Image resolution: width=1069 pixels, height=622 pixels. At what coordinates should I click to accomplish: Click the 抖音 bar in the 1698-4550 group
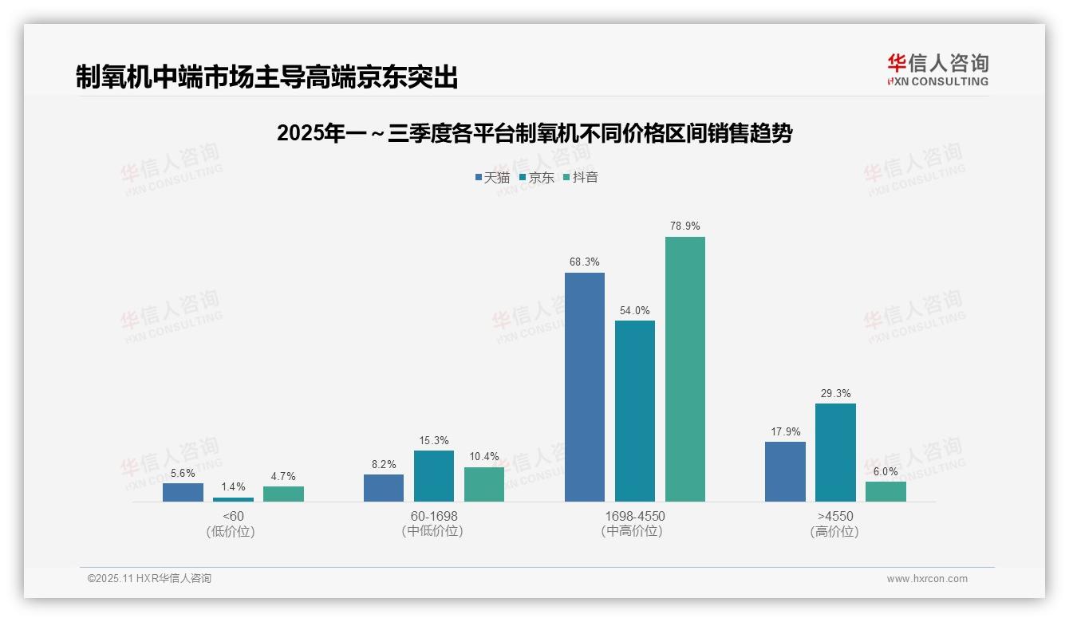point(685,369)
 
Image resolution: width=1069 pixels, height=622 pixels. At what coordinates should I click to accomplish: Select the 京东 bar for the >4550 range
point(835,452)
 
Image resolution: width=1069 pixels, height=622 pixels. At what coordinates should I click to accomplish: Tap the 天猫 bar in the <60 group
point(183,492)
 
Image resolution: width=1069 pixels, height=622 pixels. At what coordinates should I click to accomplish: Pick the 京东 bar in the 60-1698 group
point(434,476)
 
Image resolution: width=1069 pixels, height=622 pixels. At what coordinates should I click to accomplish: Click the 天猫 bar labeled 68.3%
point(585,387)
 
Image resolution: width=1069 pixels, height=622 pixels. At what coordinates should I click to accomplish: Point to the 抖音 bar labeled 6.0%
point(886,491)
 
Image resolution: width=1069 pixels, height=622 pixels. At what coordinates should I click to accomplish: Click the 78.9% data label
point(685,226)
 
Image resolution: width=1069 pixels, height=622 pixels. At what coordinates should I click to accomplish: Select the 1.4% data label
point(233,486)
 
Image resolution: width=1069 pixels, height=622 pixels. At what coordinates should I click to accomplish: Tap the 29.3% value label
point(835,393)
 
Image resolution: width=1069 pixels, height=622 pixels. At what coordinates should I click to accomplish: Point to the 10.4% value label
point(484,457)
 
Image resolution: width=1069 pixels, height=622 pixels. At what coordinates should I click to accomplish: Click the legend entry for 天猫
point(492,177)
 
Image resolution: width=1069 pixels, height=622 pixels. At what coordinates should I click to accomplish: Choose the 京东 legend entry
point(537,177)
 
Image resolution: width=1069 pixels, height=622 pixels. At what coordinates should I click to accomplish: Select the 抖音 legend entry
point(581,177)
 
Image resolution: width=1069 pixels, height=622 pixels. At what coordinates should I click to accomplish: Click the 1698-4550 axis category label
point(634,516)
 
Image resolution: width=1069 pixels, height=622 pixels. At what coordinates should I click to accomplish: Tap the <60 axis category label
point(233,516)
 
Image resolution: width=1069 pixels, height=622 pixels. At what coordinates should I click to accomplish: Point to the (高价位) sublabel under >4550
point(835,532)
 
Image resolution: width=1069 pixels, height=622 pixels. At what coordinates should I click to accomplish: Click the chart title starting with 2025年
point(534,133)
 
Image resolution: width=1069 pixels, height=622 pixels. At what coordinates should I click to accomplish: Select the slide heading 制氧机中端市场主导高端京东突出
point(267,77)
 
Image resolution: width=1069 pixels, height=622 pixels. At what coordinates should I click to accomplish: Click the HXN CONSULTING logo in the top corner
point(937,69)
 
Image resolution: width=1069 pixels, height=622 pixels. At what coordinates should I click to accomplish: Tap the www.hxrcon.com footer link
point(927,579)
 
